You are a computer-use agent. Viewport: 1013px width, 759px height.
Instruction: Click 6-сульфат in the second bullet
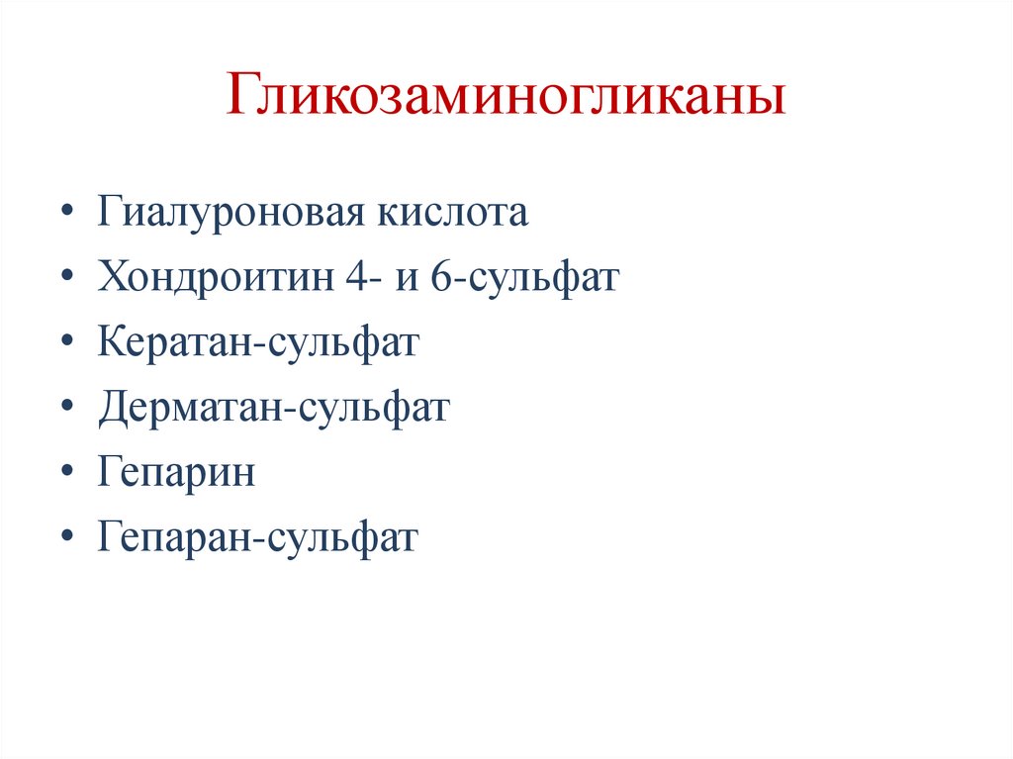[x=524, y=278]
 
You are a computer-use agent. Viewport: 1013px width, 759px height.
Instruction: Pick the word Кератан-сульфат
[x=259, y=343]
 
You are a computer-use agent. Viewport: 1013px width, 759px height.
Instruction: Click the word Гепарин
[x=177, y=473]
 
